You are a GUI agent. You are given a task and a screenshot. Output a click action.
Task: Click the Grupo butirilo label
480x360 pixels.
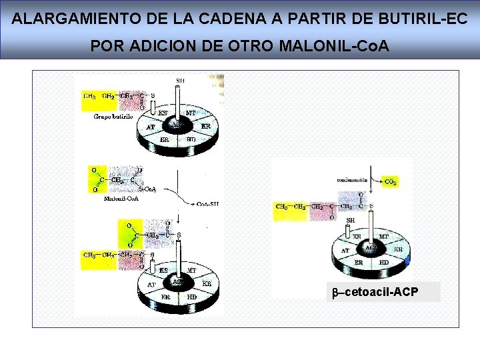(113, 116)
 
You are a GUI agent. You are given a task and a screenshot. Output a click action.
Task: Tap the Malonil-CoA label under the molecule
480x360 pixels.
(121, 197)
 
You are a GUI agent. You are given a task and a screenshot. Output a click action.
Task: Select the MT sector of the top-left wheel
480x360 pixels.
(190, 113)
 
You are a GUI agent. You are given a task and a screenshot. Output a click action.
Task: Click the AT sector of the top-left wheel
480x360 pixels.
(151, 127)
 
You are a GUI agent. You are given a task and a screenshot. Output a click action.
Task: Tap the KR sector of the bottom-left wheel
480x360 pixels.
(207, 283)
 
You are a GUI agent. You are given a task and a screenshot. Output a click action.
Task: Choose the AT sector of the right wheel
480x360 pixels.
(345, 251)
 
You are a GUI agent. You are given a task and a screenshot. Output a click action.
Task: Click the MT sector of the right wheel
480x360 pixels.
(383, 236)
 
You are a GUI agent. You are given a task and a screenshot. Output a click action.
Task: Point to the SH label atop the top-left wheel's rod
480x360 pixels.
(180, 81)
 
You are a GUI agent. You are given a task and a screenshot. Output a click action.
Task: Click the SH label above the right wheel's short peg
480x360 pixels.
(349, 220)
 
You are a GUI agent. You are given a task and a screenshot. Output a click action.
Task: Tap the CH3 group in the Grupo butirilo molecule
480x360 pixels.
(89, 95)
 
